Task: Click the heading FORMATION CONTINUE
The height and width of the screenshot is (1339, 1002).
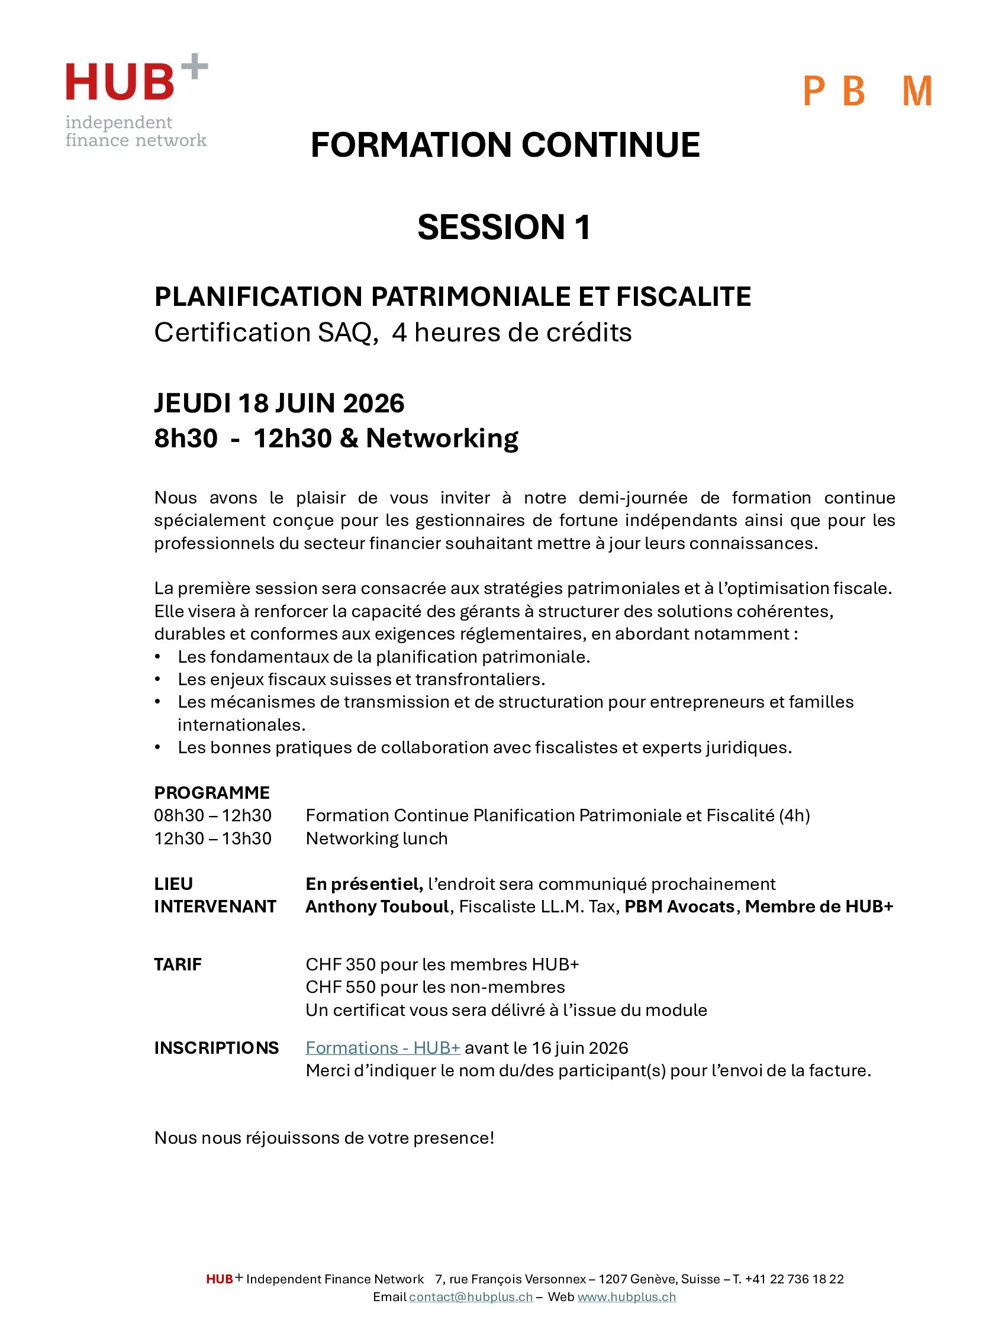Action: click(504, 146)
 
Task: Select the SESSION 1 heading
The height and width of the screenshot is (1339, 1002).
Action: click(504, 227)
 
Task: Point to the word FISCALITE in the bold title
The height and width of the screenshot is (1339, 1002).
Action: click(683, 296)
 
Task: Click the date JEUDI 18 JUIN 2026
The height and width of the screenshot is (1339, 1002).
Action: click(279, 403)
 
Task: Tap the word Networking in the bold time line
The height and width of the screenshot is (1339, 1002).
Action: click(442, 438)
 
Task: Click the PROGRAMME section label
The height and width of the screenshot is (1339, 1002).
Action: click(212, 792)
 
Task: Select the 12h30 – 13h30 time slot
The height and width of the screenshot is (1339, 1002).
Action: click(212, 838)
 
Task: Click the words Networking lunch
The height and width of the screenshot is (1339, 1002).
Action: click(376, 838)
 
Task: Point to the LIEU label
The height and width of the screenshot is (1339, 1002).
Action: click(173, 884)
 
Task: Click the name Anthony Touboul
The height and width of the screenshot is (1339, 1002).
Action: click(376, 907)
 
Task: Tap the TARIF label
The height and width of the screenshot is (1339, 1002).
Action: click(178, 964)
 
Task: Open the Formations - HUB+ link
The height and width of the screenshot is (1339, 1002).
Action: click(383, 1048)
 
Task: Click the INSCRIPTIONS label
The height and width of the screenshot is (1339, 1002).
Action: click(216, 1048)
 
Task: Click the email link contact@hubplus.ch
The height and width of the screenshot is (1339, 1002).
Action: click(471, 1296)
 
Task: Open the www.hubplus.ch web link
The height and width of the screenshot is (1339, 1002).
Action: click(626, 1296)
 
